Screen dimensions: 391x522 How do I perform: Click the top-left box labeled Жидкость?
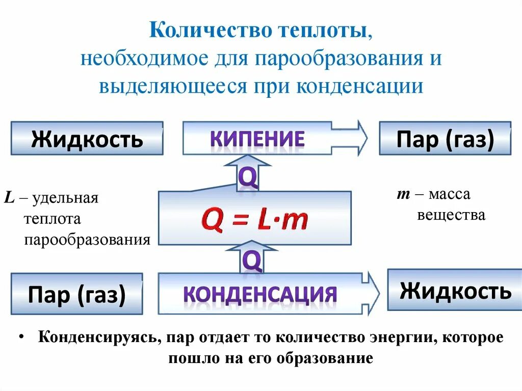[87, 138]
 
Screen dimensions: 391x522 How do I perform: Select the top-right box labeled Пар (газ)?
[445, 138]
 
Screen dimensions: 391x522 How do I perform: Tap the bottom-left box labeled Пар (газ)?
[76, 294]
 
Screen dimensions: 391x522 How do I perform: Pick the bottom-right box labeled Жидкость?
[455, 290]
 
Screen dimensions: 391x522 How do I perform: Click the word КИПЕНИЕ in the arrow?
[257, 139]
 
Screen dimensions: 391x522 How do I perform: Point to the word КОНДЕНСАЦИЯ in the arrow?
[259, 294]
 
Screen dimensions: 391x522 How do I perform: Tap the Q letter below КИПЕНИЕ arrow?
[247, 177]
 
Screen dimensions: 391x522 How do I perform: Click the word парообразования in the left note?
[87, 240]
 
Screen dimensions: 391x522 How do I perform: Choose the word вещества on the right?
[451, 215]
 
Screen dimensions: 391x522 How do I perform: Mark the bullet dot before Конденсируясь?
[21, 337]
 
